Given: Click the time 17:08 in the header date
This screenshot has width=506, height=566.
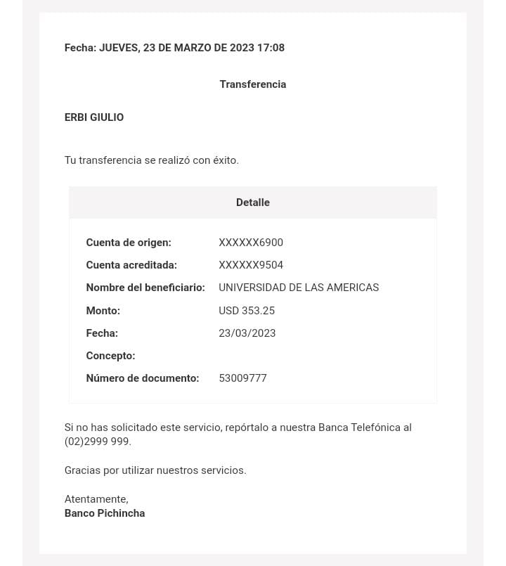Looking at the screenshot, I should click(271, 48).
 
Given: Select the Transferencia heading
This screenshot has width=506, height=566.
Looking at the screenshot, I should click(252, 84).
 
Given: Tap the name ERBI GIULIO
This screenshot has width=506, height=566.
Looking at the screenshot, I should click(94, 117).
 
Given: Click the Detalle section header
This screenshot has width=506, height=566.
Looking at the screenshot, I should click(252, 202).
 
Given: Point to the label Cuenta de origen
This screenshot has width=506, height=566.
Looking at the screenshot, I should click(129, 243).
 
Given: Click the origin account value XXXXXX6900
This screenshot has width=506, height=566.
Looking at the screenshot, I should click(251, 243).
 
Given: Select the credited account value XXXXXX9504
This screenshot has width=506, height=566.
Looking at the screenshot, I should click(251, 265).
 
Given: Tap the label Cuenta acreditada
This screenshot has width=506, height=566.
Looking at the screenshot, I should click(131, 265).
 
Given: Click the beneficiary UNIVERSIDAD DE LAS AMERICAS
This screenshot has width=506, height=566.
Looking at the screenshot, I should click(299, 288).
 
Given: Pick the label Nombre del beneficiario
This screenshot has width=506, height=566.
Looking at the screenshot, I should click(145, 288).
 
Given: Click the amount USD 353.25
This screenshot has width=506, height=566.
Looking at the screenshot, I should click(247, 311).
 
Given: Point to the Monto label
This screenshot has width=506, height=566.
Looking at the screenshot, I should click(103, 311).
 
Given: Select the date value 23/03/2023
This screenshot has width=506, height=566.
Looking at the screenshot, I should click(247, 333).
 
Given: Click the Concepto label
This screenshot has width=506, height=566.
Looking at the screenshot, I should click(110, 356).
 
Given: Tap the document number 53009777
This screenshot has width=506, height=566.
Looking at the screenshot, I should click(242, 378).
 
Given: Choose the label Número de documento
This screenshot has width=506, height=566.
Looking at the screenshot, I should click(143, 378).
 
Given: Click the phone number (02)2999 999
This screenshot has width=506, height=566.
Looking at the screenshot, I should click(98, 442).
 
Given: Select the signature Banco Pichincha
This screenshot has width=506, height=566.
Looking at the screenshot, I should click(105, 513).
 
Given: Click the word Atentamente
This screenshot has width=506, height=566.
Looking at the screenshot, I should click(96, 499).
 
